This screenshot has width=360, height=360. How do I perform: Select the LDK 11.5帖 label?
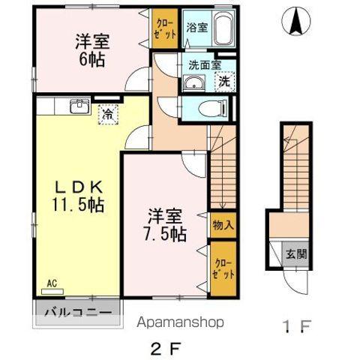pyautogui.click(x=77, y=195)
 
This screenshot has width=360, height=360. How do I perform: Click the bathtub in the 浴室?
pyautogui.click(x=223, y=30)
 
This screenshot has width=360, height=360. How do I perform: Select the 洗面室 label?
pyautogui.click(x=205, y=64)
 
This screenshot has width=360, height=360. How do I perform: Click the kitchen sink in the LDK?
pyautogui.click(x=77, y=106)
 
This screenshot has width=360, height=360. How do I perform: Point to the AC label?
pyautogui.click(x=52, y=283)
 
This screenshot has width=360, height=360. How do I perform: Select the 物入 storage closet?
pyautogui.click(x=223, y=223)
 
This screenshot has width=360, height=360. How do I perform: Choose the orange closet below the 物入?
pyautogui.click(x=223, y=267)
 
